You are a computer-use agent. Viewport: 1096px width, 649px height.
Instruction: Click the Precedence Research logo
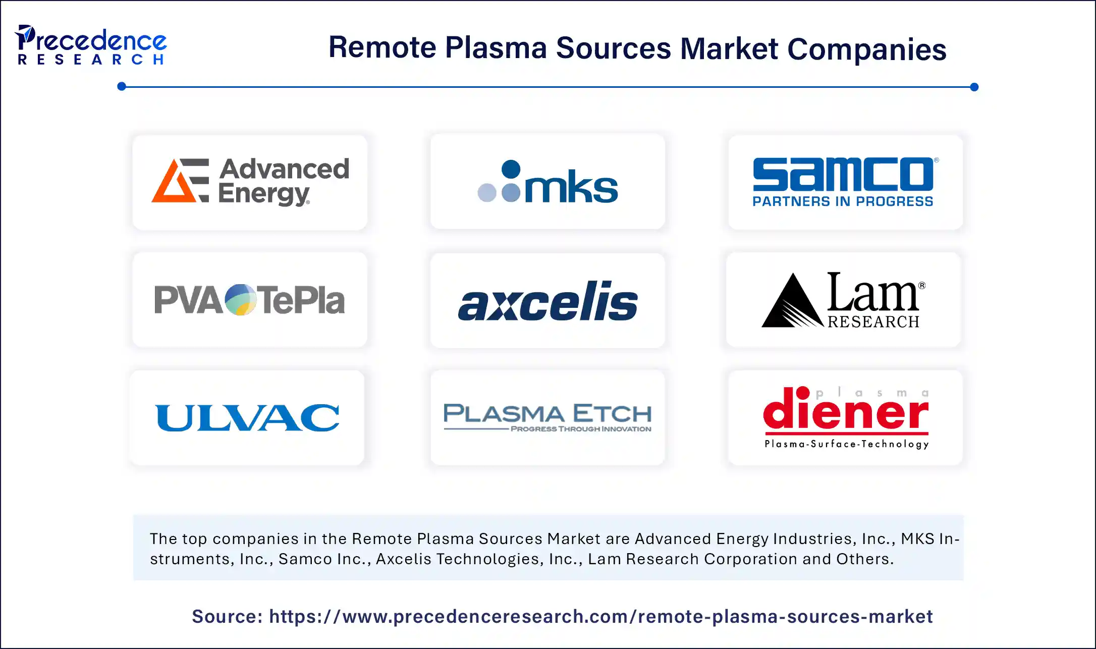point(91,45)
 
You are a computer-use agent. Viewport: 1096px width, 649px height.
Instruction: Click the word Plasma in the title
point(496,48)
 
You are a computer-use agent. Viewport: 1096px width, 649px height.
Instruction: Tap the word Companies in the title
point(866,49)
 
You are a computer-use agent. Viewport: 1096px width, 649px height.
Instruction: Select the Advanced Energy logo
point(250,182)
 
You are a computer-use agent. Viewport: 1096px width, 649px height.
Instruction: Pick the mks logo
point(547,182)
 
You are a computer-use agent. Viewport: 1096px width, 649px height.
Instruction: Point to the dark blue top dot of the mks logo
point(511,169)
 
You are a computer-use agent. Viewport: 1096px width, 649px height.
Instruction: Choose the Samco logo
point(843,175)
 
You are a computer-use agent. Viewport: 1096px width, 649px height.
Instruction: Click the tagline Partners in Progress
point(843,201)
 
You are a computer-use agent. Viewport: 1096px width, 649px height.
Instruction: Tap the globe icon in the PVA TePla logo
point(240,300)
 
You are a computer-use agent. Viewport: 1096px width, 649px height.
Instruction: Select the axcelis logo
point(547,301)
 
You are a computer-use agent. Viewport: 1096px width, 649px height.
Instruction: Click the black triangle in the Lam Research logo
point(791,303)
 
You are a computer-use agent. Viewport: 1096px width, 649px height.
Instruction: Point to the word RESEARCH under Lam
point(873,321)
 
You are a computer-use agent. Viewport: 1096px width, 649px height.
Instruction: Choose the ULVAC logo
point(247,418)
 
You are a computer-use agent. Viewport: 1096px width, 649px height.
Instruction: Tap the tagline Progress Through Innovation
point(581,429)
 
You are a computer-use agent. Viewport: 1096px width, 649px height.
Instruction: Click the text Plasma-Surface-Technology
point(846,444)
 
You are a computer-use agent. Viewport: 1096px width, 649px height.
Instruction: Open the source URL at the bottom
point(600,616)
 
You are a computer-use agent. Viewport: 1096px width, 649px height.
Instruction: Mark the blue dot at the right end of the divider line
point(974,87)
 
